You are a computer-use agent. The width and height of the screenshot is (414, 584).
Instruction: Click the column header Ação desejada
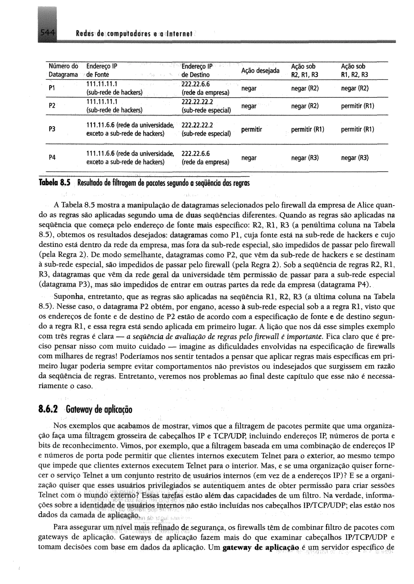point(260,70)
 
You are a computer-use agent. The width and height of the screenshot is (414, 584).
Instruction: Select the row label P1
point(52,88)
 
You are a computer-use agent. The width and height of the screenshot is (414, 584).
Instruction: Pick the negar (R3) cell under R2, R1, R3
point(305,158)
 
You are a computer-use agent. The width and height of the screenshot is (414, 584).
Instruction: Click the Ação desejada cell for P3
point(251,130)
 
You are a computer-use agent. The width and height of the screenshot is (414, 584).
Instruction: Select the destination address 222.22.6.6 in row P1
point(195,84)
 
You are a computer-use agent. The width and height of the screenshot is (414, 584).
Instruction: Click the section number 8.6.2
point(48,410)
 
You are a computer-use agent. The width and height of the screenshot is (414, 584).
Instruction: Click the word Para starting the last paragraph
point(61,527)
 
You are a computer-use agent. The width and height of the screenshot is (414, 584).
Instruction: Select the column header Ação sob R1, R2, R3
point(354,70)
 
